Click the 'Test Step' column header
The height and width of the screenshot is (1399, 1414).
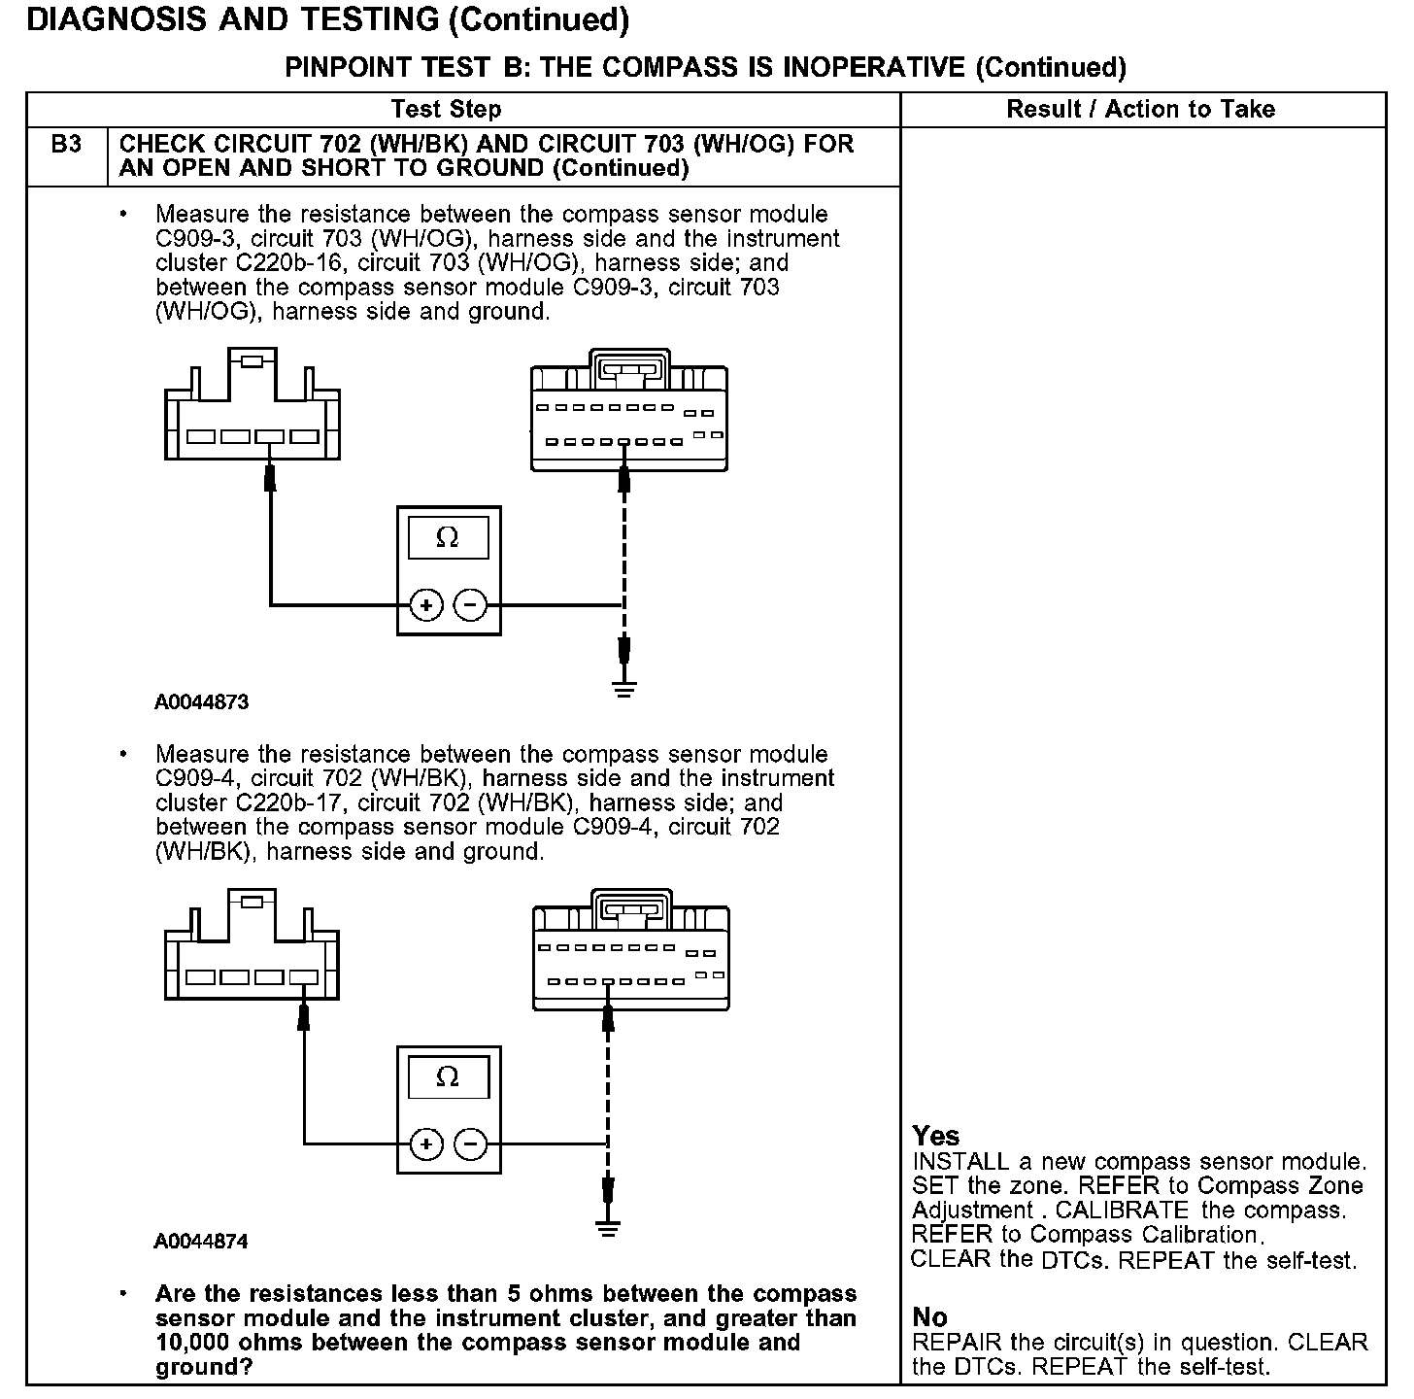click(x=446, y=109)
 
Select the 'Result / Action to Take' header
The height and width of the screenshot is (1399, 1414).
click(x=1140, y=109)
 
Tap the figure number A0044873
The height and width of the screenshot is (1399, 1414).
click(x=201, y=701)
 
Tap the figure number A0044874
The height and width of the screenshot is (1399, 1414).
click(x=201, y=1242)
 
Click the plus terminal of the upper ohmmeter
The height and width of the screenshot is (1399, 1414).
click(x=425, y=605)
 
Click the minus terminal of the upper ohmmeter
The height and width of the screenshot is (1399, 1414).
click(x=471, y=605)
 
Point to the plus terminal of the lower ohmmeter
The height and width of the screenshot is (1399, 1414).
click(x=425, y=1144)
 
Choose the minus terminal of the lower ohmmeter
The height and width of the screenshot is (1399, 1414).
click(x=471, y=1144)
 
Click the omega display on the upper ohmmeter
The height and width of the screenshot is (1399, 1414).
click(x=448, y=537)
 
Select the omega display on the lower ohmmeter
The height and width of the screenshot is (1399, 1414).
click(x=448, y=1077)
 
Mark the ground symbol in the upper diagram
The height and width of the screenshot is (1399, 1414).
click(x=624, y=690)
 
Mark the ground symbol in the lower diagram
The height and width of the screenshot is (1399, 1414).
click(x=608, y=1229)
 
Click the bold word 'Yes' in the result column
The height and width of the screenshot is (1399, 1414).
click(x=936, y=1136)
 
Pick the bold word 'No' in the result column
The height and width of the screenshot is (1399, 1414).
click(x=930, y=1317)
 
